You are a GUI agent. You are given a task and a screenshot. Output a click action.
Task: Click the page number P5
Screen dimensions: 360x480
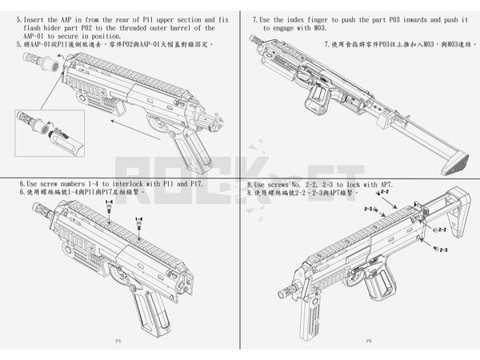pos(118,341)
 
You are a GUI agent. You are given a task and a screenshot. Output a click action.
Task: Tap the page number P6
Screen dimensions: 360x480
pos(369,341)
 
